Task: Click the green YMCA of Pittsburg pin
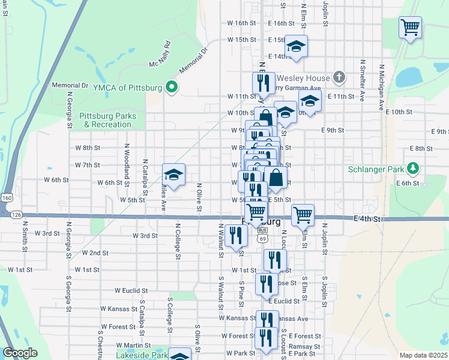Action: click(171, 88)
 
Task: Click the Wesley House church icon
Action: click(339, 77)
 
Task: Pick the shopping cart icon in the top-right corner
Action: click(411, 26)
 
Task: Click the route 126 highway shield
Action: click(16, 214)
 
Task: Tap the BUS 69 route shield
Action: click(262, 234)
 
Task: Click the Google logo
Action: click(20, 353)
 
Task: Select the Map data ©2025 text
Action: click(423, 355)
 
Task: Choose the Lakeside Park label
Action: click(143, 355)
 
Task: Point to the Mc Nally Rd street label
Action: click(160, 55)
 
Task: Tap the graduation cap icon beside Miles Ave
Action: click(173, 175)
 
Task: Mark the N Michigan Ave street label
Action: click(381, 85)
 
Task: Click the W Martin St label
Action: click(133, 345)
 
